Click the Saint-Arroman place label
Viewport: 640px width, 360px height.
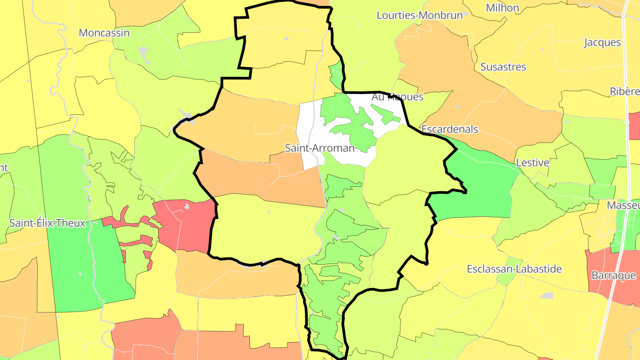point(320,148)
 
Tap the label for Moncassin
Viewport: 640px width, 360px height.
point(104,33)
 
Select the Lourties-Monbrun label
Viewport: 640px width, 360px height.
point(420,15)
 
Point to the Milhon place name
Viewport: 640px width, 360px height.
point(502,8)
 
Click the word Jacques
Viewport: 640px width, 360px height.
point(602,43)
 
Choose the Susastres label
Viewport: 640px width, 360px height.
point(503,67)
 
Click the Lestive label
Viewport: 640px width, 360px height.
point(532,163)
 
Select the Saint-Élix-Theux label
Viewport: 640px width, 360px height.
point(47,223)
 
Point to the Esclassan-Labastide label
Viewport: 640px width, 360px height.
point(514,269)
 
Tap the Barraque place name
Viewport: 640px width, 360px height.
point(614,276)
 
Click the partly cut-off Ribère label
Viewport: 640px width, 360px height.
point(624,91)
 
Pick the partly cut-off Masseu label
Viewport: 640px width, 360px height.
point(623,205)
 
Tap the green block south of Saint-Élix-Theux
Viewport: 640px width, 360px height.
point(84,267)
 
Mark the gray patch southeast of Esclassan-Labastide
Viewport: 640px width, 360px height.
point(548,296)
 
